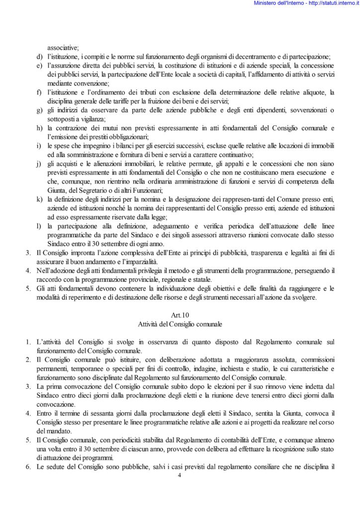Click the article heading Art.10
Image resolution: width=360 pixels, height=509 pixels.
[x=180, y=315]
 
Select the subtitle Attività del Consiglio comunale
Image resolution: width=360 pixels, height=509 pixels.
[x=180, y=324]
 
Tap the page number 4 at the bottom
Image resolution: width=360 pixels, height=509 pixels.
[x=180, y=475]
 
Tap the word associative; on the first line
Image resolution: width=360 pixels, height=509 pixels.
[x=63, y=48]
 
